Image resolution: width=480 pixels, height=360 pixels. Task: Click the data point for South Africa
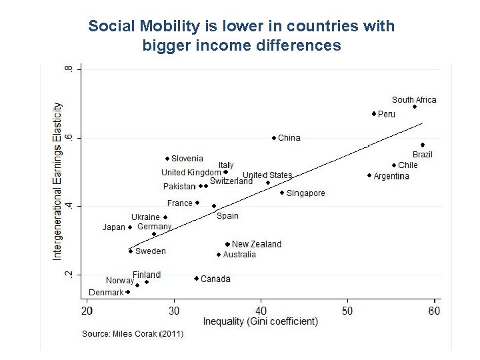(x=414, y=107)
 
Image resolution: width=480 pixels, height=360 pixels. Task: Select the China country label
(x=289, y=138)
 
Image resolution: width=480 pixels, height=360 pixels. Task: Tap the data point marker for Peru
(x=374, y=114)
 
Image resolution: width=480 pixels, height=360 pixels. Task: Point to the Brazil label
(x=422, y=155)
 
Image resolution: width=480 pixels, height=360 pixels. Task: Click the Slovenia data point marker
(x=167, y=159)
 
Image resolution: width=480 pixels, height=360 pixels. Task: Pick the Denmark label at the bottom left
(x=106, y=292)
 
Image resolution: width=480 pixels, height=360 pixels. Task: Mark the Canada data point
(x=196, y=279)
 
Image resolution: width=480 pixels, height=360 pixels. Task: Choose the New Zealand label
(x=257, y=244)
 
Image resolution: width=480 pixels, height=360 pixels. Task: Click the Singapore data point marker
(x=282, y=193)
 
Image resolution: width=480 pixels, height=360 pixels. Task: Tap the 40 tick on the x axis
(x=261, y=311)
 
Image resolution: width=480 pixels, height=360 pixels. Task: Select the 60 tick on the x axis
(x=434, y=311)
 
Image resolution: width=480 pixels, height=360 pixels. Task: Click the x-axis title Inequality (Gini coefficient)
(x=260, y=322)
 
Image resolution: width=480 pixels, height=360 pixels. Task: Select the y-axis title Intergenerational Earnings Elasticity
(x=58, y=181)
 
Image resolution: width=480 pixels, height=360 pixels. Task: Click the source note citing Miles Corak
(x=133, y=333)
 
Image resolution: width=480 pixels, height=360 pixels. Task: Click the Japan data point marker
(x=130, y=227)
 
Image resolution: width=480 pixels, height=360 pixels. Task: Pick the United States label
(x=267, y=175)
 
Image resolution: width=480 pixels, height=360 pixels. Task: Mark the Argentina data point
(x=369, y=175)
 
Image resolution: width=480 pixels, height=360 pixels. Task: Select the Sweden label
(x=151, y=251)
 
